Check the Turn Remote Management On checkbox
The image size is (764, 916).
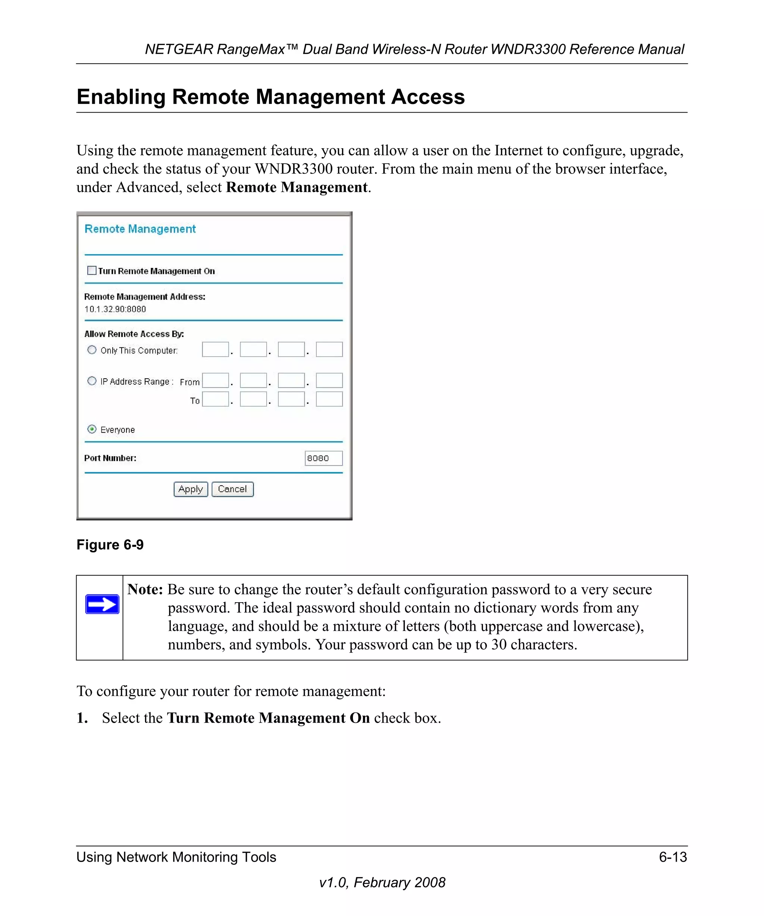pyautogui.click(x=92, y=271)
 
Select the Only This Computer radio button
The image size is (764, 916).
pyautogui.click(x=92, y=350)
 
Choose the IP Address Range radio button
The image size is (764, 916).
pyautogui.click(x=92, y=381)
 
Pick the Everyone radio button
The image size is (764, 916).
pyautogui.click(x=92, y=429)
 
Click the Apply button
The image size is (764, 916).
pyautogui.click(x=191, y=489)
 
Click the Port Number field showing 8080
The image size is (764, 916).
pyautogui.click(x=323, y=458)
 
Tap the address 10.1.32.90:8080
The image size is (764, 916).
pyautogui.click(x=115, y=309)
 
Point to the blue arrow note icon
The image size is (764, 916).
pyautogui.click(x=102, y=604)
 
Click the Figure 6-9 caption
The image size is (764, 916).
pyautogui.click(x=110, y=545)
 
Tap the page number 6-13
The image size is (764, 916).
pyautogui.click(x=673, y=857)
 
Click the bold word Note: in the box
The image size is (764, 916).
pyautogui.click(x=145, y=589)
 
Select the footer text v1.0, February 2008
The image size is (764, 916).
pyautogui.click(x=382, y=882)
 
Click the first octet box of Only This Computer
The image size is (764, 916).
pyautogui.click(x=215, y=350)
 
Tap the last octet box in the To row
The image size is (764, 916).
pyautogui.click(x=329, y=399)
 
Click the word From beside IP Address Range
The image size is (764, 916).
pyautogui.click(x=190, y=382)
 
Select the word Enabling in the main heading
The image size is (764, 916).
pyautogui.click(x=121, y=97)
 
